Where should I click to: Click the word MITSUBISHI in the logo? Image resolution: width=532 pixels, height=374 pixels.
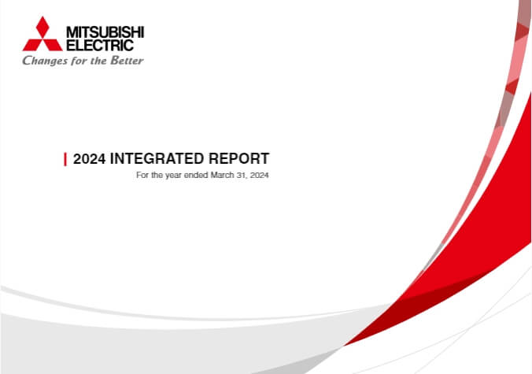pos(105,32)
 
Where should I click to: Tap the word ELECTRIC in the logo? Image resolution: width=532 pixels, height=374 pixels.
pos(100,45)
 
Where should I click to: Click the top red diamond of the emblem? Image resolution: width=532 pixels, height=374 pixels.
pos(42,27)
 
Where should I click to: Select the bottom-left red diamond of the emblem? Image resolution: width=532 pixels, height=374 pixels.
pos(33,45)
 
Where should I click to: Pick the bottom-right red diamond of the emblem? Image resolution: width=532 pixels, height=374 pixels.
pos(53,45)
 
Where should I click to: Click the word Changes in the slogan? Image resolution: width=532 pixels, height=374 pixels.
pos(45,61)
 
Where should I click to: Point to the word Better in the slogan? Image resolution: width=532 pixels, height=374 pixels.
pos(127,60)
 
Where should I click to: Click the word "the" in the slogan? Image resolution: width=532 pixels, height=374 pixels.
pos(99,61)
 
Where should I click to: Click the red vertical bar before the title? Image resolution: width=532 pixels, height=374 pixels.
pos(65,159)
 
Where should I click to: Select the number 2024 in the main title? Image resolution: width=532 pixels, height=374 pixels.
pos(89,159)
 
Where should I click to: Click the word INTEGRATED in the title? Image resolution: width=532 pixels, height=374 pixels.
pos(157,159)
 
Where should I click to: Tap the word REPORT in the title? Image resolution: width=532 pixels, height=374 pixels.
pos(239,159)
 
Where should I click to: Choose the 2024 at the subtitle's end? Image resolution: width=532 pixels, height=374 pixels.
pos(260,175)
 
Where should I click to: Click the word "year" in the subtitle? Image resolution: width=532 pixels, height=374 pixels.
pos(173,176)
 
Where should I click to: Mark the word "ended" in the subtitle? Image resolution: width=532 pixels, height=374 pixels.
pos(196,175)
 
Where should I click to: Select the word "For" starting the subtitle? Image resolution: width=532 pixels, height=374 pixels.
pos(142,175)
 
